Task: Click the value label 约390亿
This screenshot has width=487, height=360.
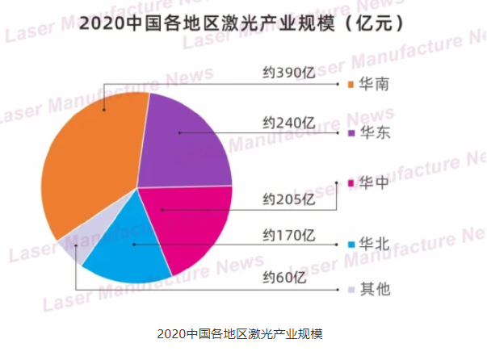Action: point(288,71)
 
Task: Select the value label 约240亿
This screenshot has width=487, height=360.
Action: point(288,123)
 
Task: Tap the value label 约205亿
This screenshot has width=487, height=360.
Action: point(288,199)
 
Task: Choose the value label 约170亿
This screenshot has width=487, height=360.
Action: point(288,236)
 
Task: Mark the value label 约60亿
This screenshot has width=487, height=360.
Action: point(284,278)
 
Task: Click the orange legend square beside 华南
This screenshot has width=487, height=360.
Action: point(351,83)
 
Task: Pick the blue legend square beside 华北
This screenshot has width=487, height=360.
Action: point(351,244)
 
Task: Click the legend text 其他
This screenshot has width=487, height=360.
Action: point(376,288)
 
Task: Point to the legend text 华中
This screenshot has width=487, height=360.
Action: point(376,183)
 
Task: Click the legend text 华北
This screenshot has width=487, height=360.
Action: point(376,244)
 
